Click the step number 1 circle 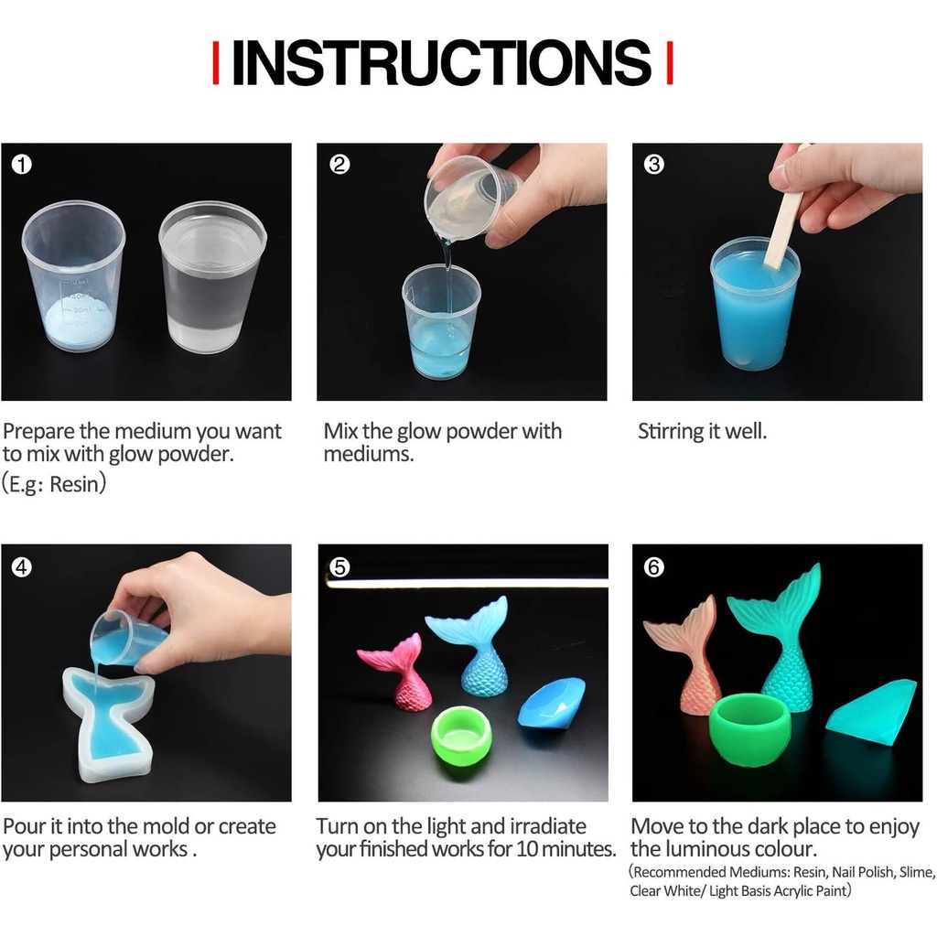22,165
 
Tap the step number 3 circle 653,165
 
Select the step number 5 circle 339,566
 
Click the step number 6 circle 653,566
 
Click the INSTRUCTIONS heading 441,63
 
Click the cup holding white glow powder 73,276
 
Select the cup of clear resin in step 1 212,276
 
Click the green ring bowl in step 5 461,733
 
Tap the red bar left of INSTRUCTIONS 216,63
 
